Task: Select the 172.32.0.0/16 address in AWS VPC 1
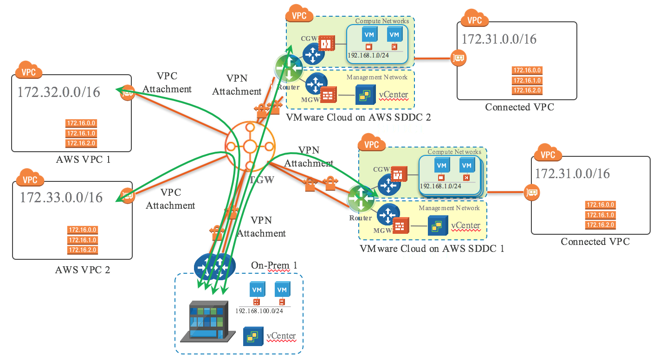point(59,92)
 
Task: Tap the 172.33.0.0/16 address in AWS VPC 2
point(61,197)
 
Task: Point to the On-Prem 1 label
point(274,265)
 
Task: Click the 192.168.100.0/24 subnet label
point(259,310)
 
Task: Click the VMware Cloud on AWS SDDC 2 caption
point(358,117)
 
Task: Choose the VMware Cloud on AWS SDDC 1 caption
point(432,248)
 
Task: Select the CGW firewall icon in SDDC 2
point(327,44)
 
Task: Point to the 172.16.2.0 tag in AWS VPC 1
point(81,143)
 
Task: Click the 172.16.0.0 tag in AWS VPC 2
point(83,230)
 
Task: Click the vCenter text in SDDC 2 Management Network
point(394,95)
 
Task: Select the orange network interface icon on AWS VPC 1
point(127,93)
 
